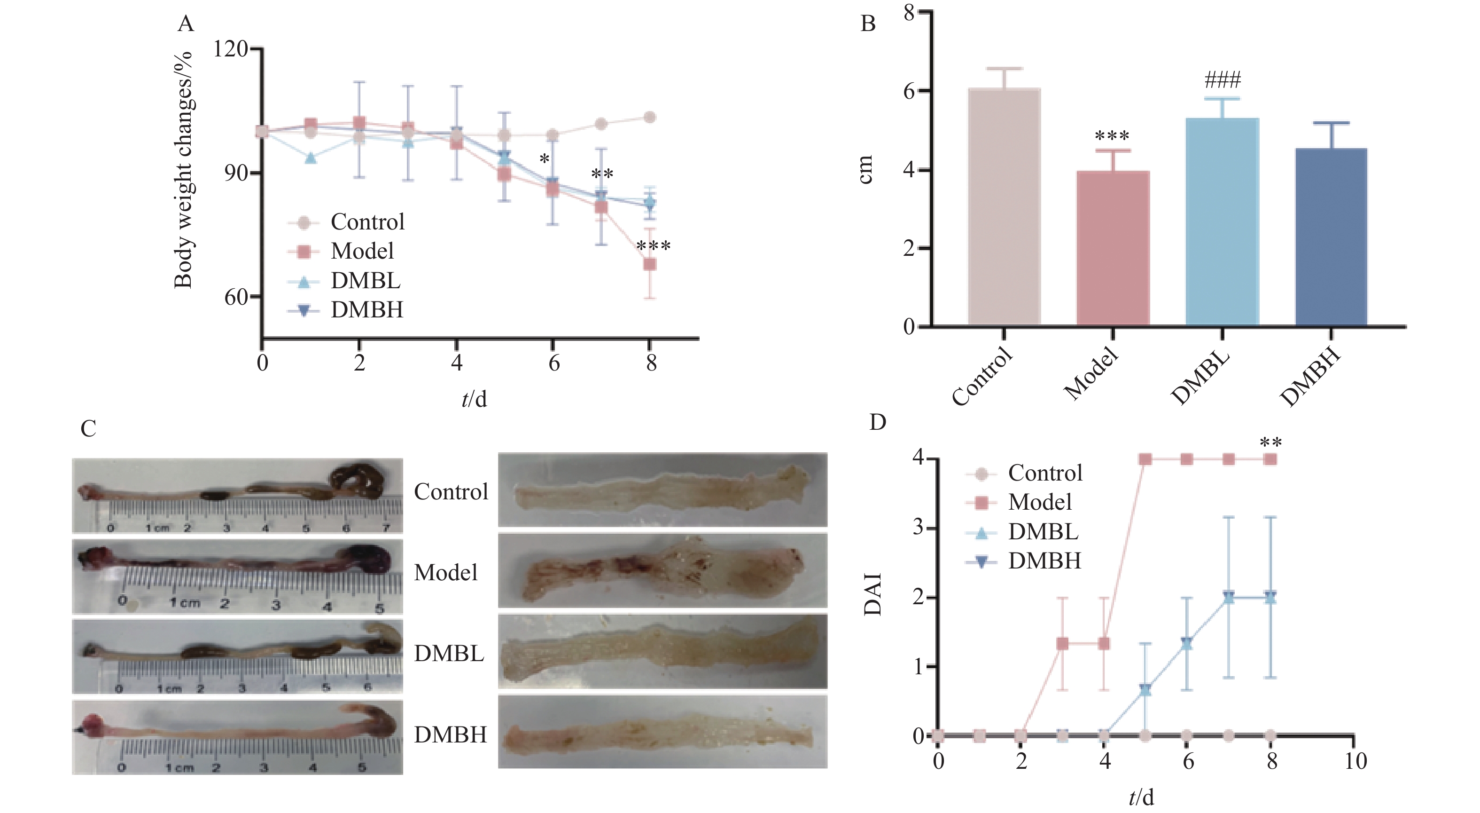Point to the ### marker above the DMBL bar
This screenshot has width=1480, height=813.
pyautogui.click(x=1223, y=79)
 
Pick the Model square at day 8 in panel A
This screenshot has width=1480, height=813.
pyautogui.click(x=650, y=264)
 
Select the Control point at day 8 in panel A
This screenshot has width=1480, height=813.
pyautogui.click(x=650, y=117)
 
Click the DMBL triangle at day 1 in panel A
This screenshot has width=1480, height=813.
pyautogui.click(x=311, y=158)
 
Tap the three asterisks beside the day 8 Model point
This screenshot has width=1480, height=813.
pyautogui.click(x=653, y=246)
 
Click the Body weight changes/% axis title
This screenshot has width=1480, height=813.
pyautogui.click(x=183, y=170)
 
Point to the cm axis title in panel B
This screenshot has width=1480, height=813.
pyautogui.click(x=866, y=170)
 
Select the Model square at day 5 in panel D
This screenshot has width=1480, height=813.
pyautogui.click(x=1145, y=459)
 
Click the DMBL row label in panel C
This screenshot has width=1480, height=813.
pyautogui.click(x=449, y=654)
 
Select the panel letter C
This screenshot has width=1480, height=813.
pyautogui.click(x=88, y=428)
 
